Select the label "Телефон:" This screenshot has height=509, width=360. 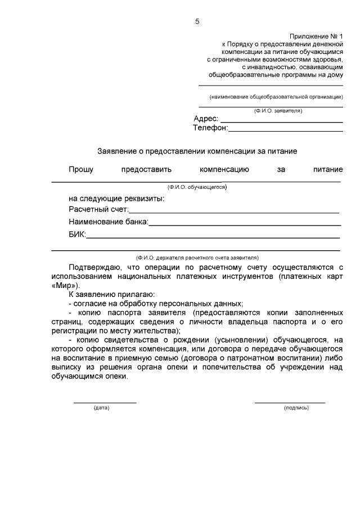pos(210,128)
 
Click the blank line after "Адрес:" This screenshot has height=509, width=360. pos(281,121)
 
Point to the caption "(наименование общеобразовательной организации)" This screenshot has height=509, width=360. pos(276,97)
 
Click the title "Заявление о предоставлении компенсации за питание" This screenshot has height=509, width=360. pos(197,151)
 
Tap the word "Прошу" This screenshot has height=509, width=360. pos(81,169)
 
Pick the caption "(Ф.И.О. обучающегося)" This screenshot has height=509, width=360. pos(196,186)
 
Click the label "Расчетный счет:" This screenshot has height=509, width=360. pos(99,210)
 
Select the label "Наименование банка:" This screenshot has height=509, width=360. pos(109,222)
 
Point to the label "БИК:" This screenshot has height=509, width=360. pos(77,235)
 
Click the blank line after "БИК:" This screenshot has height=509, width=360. pos(214,237)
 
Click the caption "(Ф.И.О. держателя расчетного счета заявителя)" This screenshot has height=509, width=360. pos(196,256)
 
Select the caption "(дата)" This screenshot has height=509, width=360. pos(101,408)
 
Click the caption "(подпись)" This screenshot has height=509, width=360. pos(296,408)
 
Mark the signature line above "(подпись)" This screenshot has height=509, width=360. pos(290,402)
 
